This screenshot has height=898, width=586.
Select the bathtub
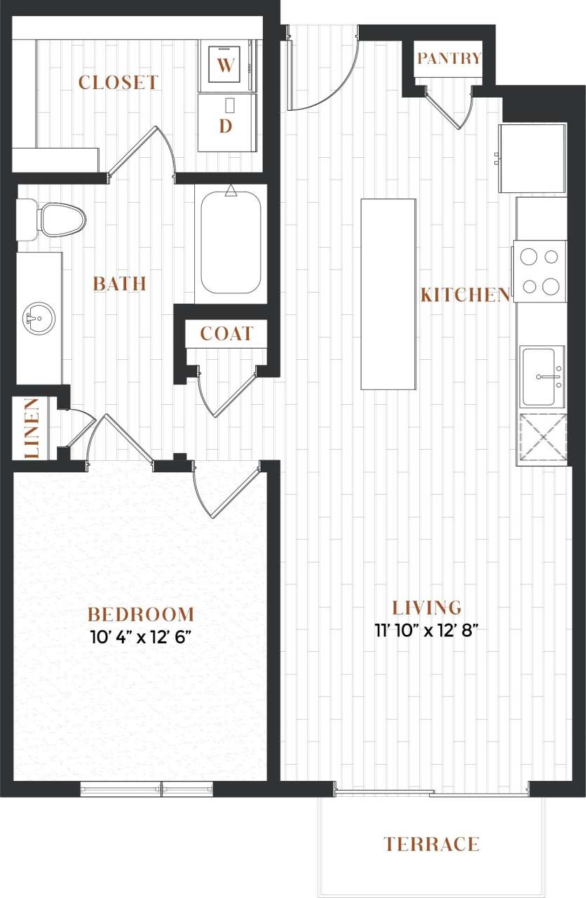tap(231, 243)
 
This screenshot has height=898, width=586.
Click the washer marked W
tap(225, 66)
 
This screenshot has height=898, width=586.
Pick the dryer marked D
tap(226, 123)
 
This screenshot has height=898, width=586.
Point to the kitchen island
tap(388, 293)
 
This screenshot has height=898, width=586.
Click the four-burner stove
tap(540, 271)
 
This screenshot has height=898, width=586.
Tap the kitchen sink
tap(542, 376)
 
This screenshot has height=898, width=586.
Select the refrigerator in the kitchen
tap(532, 158)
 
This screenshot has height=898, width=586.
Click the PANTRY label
tap(449, 59)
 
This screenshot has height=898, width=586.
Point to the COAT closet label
tap(226, 334)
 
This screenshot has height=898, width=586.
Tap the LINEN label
tap(31, 428)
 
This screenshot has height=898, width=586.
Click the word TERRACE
tap(432, 844)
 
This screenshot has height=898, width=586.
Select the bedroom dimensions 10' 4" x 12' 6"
tap(140, 638)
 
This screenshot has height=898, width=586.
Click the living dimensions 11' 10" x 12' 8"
tap(427, 629)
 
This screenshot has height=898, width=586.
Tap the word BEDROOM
tap(141, 615)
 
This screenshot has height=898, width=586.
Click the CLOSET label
tap(118, 83)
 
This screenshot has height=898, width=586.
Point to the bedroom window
tap(146, 789)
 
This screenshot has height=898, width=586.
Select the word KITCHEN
tap(465, 295)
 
